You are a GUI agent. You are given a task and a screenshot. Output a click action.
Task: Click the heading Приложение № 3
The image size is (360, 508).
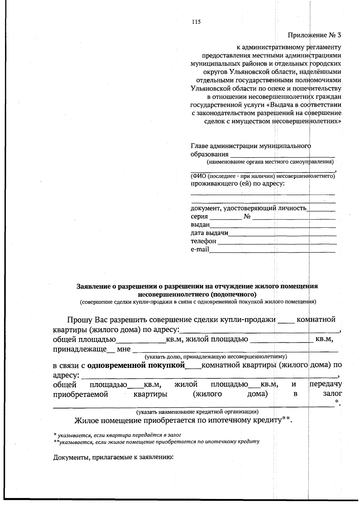click(x=314, y=35)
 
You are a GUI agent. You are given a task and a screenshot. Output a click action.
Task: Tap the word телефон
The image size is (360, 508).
click(x=203, y=241)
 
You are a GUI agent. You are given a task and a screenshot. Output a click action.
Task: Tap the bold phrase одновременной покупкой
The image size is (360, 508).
click(x=136, y=365)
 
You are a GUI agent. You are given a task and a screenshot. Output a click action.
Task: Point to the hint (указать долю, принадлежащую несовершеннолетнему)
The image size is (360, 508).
click(x=216, y=357)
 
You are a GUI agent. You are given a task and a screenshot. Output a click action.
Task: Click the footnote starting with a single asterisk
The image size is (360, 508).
click(x=117, y=434)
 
